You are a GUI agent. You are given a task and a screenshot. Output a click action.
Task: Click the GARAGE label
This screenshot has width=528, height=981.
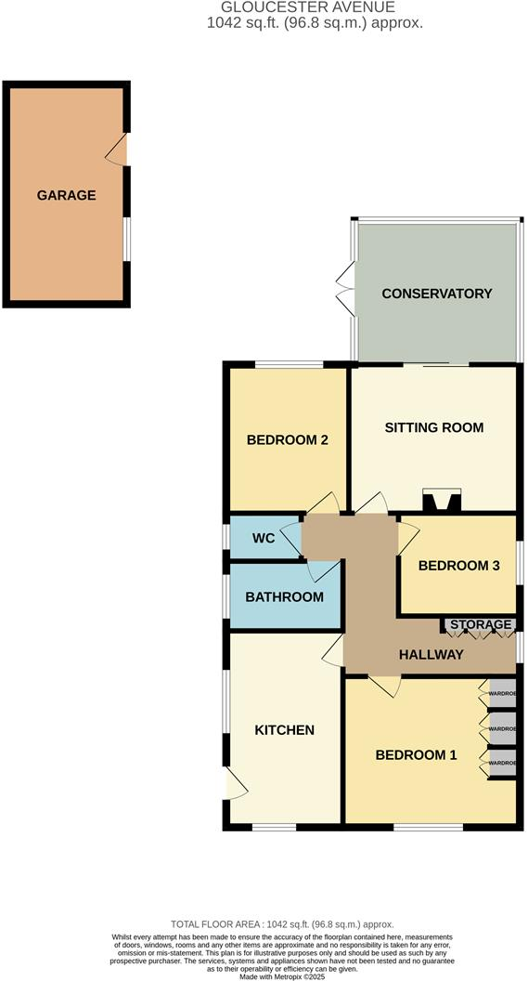coord(66,195)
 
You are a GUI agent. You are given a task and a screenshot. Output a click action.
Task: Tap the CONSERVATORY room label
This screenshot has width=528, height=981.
coord(436,294)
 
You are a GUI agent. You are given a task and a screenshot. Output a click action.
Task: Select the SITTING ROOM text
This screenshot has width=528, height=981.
coord(434,428)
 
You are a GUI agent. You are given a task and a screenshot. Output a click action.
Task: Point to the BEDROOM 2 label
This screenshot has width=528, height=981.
coord(288,440)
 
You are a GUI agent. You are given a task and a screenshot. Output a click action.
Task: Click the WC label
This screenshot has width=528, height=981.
coord(264,539)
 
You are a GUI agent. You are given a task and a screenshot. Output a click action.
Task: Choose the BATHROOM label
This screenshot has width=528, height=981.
coord(284,597)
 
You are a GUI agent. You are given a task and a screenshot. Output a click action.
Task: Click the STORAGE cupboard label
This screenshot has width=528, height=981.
coord(481,624)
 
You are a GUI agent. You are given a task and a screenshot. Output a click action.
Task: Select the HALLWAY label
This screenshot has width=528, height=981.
coord(431,655)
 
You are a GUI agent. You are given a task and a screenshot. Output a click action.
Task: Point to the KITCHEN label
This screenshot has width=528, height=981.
coord(284,730)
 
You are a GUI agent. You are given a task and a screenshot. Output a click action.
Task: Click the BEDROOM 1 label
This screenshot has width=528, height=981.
coord(416,755)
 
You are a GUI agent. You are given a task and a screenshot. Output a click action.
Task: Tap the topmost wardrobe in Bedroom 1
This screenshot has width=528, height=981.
coord(501,693)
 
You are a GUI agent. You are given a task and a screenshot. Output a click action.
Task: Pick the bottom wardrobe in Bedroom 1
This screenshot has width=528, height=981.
coord(501,763)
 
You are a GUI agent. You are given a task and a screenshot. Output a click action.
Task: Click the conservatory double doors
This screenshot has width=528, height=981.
coord(346,285)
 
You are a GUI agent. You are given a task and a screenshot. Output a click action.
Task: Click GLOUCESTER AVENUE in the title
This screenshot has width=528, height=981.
coord(264,7)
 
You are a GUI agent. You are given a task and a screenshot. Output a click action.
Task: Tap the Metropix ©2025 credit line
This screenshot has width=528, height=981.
coord(264,975)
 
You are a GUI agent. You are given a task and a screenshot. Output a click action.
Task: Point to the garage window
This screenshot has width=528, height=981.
coord(128,240)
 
